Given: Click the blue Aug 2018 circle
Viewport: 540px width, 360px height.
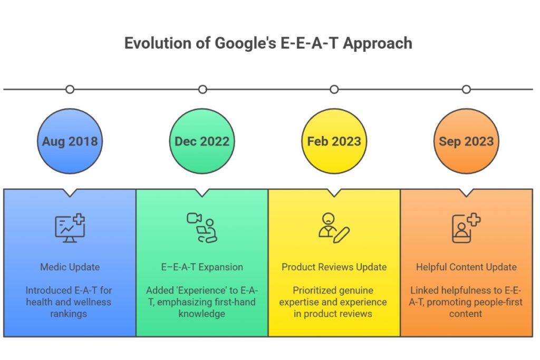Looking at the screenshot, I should pyautogui.click(x=70, y=141).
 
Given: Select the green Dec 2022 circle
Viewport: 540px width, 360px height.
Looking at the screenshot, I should pyautogui.click(x=202, y=141).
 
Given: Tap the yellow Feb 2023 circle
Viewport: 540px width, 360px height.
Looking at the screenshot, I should pyautogui.click(x=334, y=141).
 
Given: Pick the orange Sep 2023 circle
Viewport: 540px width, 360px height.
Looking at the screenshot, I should pyautogui.click(x=466, y=141).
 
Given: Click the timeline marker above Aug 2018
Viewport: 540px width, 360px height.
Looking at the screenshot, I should pyautogui.click(x=70, y=90).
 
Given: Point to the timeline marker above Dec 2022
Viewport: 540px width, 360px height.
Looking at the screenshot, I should pyautogui.click(x=202, y=90).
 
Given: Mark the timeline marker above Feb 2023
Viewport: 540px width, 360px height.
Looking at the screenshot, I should pyautogui.click(x=334, y=90).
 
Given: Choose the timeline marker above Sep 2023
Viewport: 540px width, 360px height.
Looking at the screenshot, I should pyautogui.click(x=466, y=90).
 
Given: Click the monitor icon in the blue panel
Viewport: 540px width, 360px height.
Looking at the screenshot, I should pyautogui.click(x=70, y=228).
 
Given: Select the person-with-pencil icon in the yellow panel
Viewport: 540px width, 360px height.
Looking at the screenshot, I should pyautogui.click(x=334, y=228).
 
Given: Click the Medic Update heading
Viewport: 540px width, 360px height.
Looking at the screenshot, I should pyautogui.click(x=70, y=267).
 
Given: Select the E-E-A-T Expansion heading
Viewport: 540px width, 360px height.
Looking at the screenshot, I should pyautogui.click(x=202, y=267).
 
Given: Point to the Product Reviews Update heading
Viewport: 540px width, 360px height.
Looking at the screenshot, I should pyautogui.click(x=334, y=267).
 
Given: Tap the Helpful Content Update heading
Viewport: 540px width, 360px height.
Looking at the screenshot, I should pyautogui.click(x=466, y=267).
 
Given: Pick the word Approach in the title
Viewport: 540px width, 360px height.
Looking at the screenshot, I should pyautogui.click(x=378, y=43).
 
